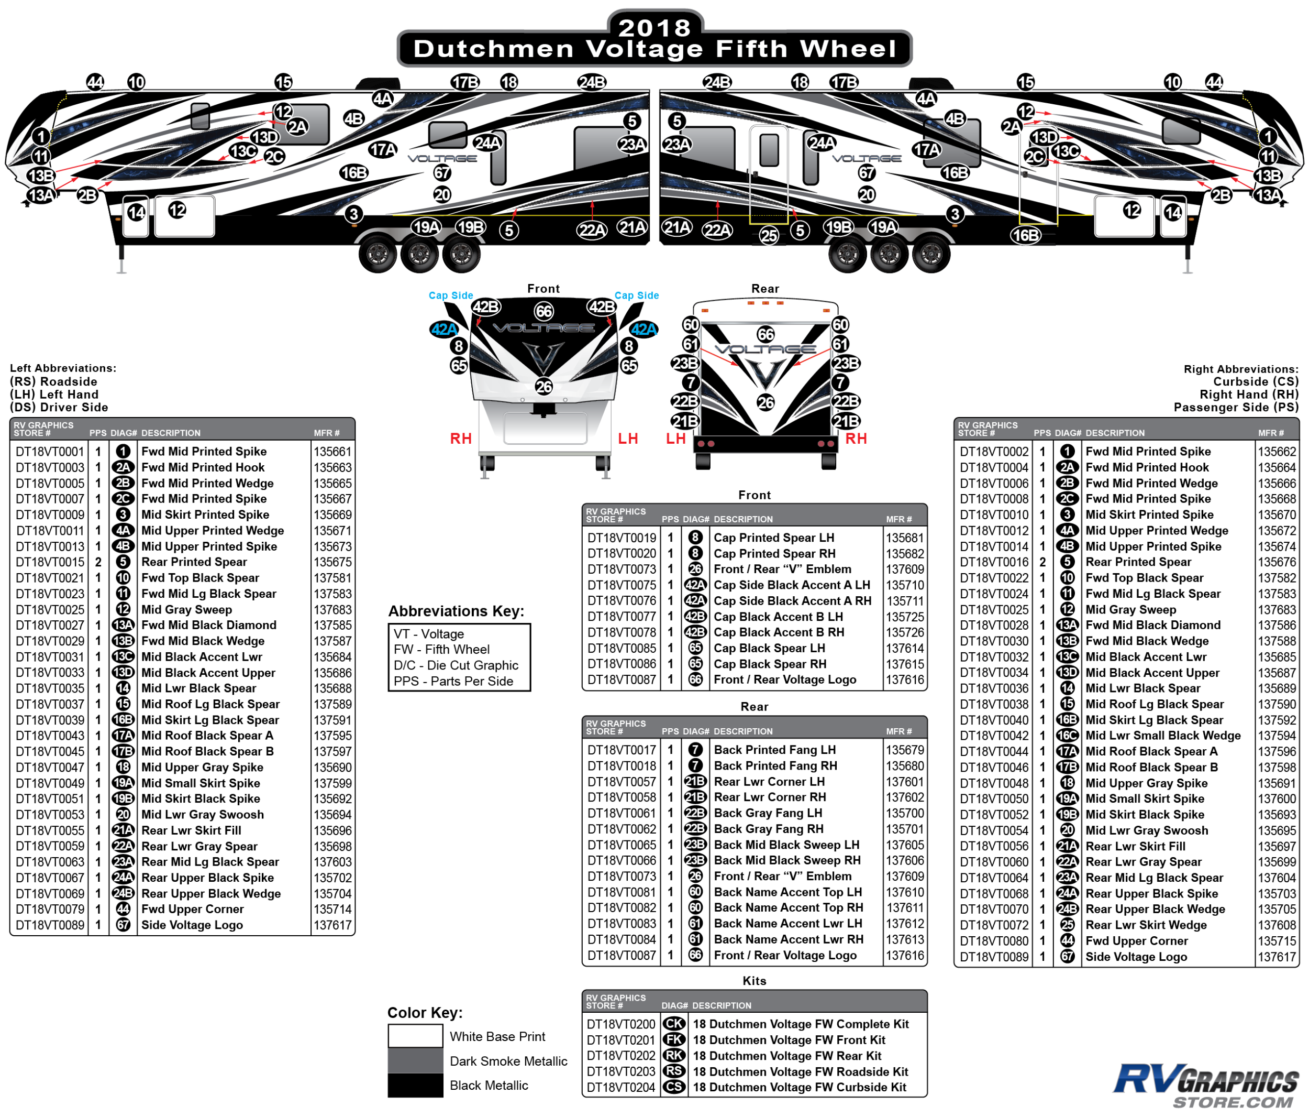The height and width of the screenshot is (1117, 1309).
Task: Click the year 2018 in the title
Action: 654,27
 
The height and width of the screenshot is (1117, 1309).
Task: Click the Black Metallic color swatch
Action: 415,1085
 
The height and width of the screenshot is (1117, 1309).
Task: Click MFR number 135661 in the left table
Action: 332,451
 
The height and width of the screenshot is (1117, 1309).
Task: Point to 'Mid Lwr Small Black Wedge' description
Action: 1162,735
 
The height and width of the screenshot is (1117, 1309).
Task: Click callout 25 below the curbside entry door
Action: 768,236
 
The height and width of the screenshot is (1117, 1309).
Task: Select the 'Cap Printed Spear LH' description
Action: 773,538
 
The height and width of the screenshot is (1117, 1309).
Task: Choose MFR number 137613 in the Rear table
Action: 905,939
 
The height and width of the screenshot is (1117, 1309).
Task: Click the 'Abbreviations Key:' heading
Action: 456,611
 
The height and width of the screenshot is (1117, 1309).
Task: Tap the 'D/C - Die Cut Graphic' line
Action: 456,665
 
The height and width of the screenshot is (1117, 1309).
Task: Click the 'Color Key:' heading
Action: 425,1013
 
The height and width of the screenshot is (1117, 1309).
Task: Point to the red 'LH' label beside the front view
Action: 627,439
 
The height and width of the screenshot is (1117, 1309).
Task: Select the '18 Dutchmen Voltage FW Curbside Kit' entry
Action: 799,1087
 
